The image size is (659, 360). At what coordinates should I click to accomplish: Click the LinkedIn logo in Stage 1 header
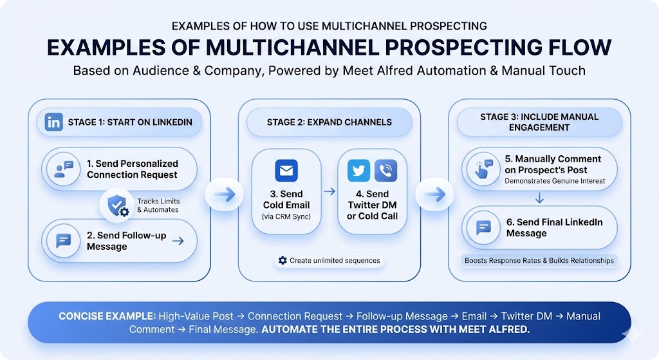(x=54, y=122)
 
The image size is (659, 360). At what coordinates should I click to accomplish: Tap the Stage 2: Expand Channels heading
(x=329, y=122)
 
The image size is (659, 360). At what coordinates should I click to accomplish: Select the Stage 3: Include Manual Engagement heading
(x=539, y=122)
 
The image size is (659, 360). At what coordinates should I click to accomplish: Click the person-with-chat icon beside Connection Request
(x=64, y=169)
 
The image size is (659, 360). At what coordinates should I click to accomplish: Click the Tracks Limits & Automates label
(x=158, y=205)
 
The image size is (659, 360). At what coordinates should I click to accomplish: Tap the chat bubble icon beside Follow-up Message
(x=64, y=241)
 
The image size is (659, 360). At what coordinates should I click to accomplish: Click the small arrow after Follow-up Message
(x=178, y=241)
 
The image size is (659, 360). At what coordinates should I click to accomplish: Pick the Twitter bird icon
(x=358, y=171)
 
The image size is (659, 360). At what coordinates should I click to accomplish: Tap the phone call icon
(x=385, y=171)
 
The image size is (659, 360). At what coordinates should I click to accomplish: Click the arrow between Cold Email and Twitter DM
(x=329, y=191)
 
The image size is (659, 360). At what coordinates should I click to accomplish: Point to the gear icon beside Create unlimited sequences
(x=282, y=261)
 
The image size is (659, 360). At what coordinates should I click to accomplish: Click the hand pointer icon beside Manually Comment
(x=484, y=169)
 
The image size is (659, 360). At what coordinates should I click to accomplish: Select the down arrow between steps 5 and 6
(x=540, y=200)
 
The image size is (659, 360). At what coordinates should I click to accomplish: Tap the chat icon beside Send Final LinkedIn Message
(x=483, y=227)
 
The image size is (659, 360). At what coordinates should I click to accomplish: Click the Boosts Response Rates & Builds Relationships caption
(x=539, y=261)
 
